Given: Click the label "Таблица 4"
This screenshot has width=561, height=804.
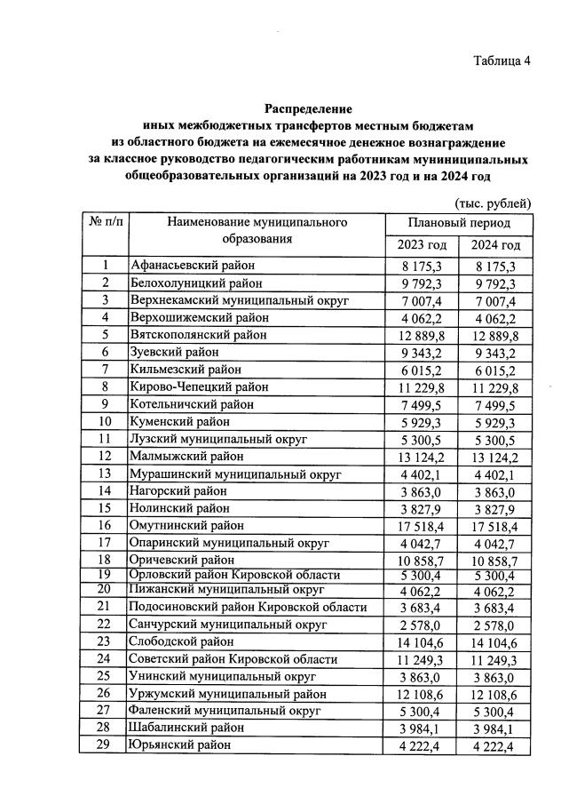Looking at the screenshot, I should click(x=502, y=61).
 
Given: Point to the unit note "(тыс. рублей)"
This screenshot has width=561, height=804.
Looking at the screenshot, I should click(x=493, y=203).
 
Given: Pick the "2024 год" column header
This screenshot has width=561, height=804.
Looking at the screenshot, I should click(x=495, y=245).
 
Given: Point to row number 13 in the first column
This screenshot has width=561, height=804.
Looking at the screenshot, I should click(x=105, y=474).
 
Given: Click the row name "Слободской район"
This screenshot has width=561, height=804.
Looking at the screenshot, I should click(x=182, y=641).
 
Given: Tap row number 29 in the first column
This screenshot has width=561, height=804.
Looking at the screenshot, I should click(x=105, y=744).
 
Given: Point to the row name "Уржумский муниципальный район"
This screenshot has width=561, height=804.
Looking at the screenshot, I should click(x=227, y=693).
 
